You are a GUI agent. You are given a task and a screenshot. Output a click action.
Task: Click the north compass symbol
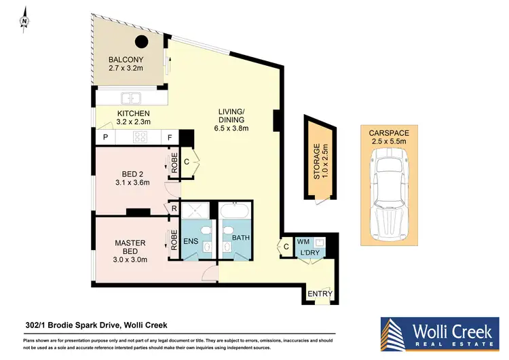point(24,20)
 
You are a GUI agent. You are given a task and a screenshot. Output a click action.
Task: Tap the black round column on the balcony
point(141,43)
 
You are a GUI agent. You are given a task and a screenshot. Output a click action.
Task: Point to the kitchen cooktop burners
point(140,137)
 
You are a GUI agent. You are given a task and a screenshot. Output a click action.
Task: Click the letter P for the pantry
point(105,138)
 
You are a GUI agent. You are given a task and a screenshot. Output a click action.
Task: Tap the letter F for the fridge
point(170,138)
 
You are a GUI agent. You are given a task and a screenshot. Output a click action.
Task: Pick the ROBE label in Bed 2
point(174,165)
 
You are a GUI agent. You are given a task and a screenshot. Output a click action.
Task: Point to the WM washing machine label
point(303,241)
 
